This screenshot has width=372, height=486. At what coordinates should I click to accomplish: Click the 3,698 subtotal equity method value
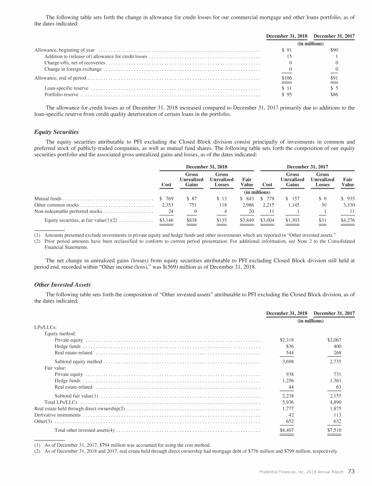289,361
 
